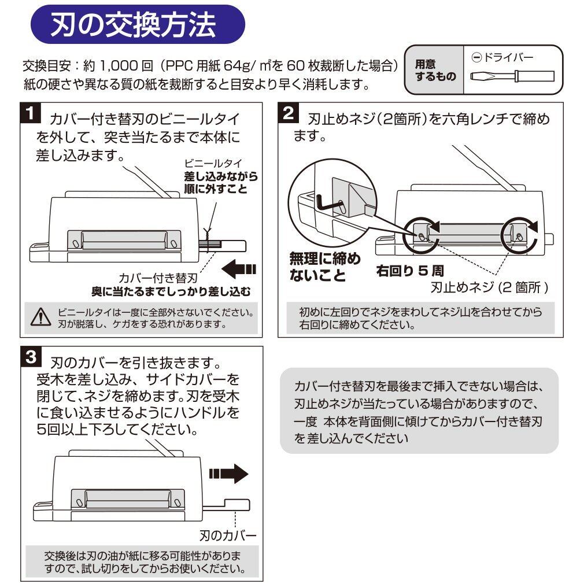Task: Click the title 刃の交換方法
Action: pyautogui.click(x=134, y=25)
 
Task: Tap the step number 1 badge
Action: pyautogui.click(x=31, y=113)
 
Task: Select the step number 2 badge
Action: pyautogui.click(x=289, y=113)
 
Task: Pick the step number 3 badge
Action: pyautogui.click(x=31, y=357)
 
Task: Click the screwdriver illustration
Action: pyautogui.click(x=512, y=76)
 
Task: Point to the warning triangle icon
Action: pyautogui.click(x=40, y=317)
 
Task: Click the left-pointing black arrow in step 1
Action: pyautogui.click(x=239, y=269)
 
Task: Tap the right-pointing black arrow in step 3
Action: pyautogui.click(x=228, y=474)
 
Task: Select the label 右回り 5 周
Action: pyautogui.click(x=410, y=271)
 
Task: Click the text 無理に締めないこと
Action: pyautogui.click(x=324, y=267)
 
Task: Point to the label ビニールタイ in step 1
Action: pyautogui.click(x=213, y=163)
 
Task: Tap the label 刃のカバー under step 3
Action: pyautogui.click(x=228, y=535)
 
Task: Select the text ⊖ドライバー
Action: pyautogui.click(x=502, y=57)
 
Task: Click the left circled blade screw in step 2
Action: pyautogui.click(x=421, y=236)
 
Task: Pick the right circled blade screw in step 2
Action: pyautogui.click(x=519, y=236)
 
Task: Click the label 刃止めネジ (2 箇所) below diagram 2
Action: pyautogui.click(x=489, y=287)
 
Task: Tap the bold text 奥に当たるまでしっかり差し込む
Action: pyautogui.click(x=171, y=291)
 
